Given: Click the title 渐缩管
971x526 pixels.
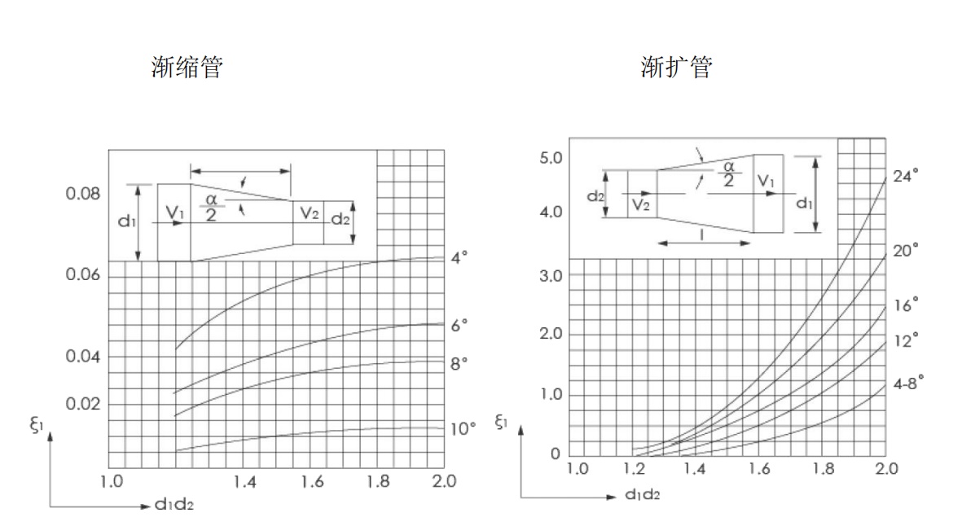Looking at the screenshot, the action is [x=187, y=67].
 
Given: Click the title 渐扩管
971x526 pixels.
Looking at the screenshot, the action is [x=676, y=67].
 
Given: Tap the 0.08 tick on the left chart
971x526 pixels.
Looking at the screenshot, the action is [x=83, y=194].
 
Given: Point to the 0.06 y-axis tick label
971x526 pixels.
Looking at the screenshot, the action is [x=83, y=274].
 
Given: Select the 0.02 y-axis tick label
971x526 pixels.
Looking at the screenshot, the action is [x=83, y=404].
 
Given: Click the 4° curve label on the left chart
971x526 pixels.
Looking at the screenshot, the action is [x=459, y=257].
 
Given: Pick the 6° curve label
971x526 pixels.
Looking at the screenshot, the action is [x=459, y=325].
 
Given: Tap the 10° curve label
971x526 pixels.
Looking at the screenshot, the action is [x=463, y=428].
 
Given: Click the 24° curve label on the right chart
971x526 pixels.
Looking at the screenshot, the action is [x=905, y=177].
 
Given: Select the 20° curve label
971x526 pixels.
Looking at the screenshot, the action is [x=905, y=251].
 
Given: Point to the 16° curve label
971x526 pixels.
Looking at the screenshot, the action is [x=905, y=305].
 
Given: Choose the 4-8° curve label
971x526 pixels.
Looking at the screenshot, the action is [x=907, y=383].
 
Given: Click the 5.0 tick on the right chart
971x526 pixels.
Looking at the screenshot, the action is [x=551, y=158].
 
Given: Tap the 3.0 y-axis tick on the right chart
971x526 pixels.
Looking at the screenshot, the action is [x=551, y=275].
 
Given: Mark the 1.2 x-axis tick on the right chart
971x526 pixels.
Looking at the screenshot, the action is [x=634, y=468].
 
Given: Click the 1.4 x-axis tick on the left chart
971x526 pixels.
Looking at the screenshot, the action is [x=244, y=481].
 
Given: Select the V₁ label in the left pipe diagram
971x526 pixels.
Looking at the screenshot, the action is [x=175, y=213].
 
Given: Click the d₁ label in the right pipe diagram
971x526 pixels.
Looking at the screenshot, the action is [x=805, y=203].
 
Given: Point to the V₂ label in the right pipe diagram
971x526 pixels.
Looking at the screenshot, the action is [x=641, y=204].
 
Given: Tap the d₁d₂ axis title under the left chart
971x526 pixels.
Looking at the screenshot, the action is [x=174, y=504].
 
